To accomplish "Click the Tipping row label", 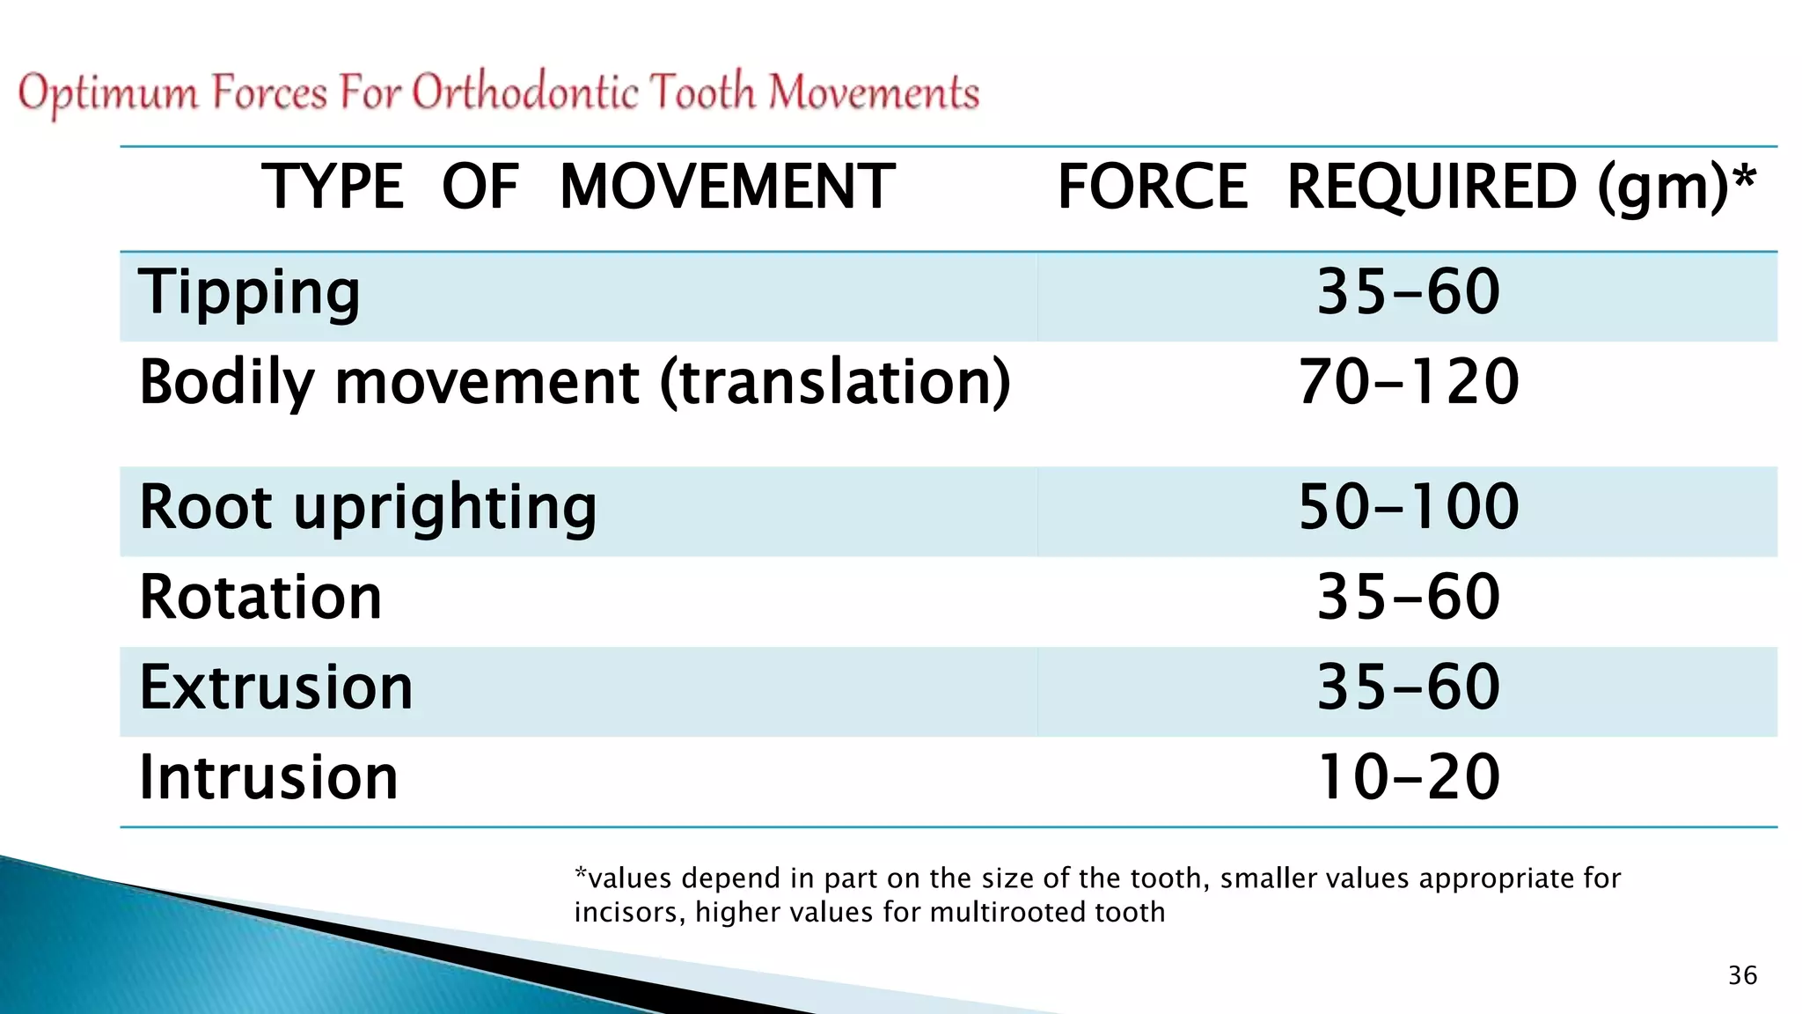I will [249, 293].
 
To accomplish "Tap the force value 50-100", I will [1408, 507].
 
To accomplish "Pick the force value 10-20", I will [1408, 777].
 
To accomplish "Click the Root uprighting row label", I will [368, 509].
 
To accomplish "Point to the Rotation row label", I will [260, 598].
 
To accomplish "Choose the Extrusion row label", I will [276, 687].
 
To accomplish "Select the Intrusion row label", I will [268, 777].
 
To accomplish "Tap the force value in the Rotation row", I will [1408, 598].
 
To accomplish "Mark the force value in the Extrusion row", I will [1408, 687].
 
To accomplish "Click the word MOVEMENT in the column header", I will [727, 187].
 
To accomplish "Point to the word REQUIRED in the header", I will [1431, 187].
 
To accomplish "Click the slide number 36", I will [1742, 975].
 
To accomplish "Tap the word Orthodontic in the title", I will [525, 92].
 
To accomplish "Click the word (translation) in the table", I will [835, 383].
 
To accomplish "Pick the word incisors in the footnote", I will [628, 912].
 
